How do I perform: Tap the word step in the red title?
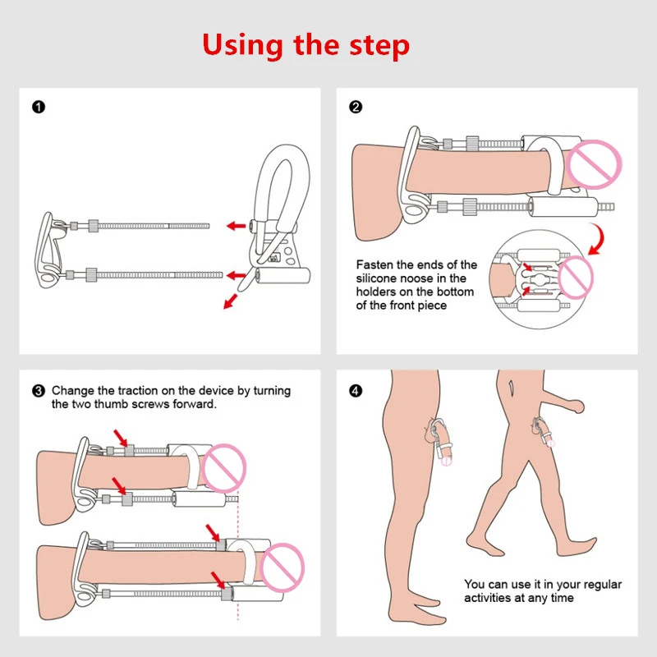[380, 45]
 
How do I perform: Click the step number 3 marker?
[37, 391]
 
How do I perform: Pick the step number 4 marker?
[356, 391]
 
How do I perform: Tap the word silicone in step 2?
[377, 279]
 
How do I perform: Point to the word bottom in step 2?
[455, 292]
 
